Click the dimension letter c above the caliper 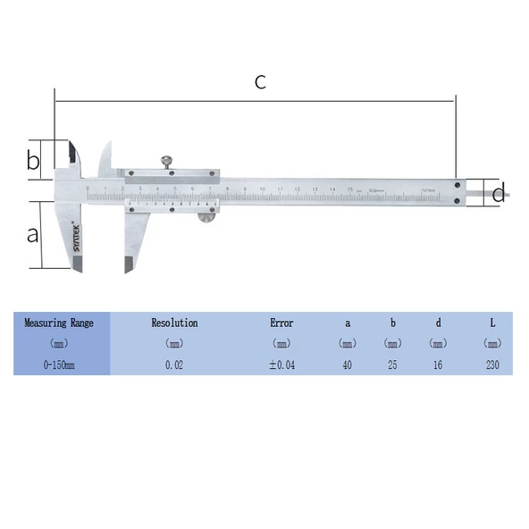tap(260, 82)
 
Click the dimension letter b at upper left tap(33, 162)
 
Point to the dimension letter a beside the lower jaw tap(33, 234)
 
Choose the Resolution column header tap(174, 323)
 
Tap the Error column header tap(281, 323)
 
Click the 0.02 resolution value tap(174, 365)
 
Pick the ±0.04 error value tap(281, 365)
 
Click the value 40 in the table tap(348, 365)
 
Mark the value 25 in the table tap(392, 365)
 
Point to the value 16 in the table tap(437, 365)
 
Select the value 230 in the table tap(491, 365)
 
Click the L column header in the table tap(491, 323)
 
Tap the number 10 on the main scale tap(262, 189)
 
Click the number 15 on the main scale tap(350, 189)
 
